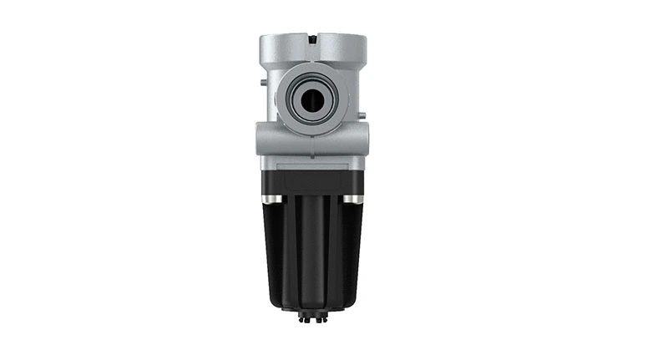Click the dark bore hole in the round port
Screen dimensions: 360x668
point(312,100)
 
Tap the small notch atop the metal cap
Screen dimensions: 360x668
point(311,38)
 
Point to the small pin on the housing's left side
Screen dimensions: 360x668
point(262,83)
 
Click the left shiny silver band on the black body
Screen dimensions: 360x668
point(271,199)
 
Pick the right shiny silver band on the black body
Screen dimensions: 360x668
point(353,199)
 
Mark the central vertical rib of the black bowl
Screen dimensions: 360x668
point(312,251)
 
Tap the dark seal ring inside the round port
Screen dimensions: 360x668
point(299,100)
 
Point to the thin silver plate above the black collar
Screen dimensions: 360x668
point(312,165)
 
